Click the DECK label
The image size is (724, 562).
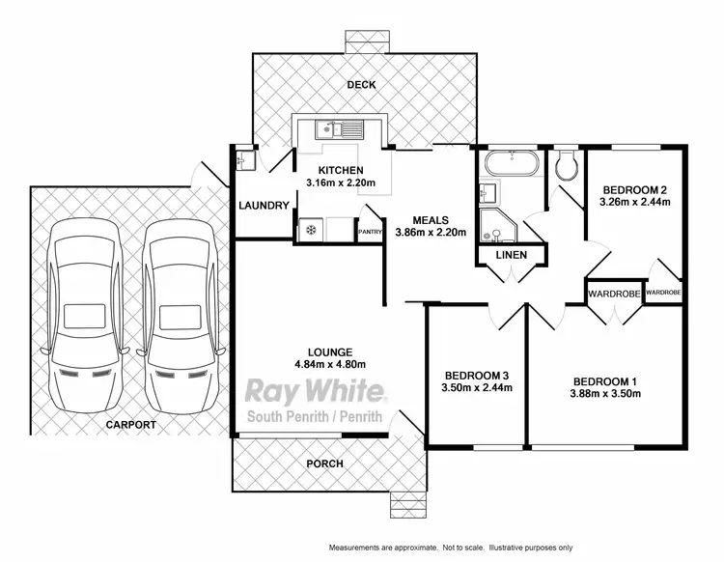363,85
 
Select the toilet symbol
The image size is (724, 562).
566,166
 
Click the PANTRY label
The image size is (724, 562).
371,232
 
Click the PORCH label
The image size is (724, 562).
325,464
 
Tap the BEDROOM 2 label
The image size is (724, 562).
634,189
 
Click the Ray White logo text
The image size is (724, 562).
318,391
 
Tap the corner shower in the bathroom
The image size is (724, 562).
499,225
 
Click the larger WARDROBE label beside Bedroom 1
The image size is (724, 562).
614,292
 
